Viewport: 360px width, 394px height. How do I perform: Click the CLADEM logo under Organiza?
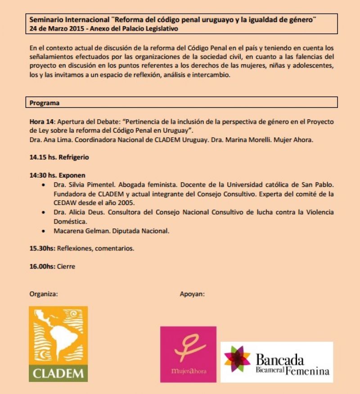click(58, 344)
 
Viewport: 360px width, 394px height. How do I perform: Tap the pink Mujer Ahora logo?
click(188, 354)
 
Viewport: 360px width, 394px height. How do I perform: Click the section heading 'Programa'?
click(45, 103)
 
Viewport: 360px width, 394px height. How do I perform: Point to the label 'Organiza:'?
click(44, 294)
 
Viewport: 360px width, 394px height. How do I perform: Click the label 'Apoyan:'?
click(192, 294)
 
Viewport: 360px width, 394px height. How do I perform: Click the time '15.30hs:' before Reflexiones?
click(42, 248)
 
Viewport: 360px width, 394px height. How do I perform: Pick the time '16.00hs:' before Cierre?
click(42, 266)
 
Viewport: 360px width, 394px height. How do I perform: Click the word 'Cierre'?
click(66, 266)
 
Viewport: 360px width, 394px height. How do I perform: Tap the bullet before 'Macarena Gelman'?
click(43, 231)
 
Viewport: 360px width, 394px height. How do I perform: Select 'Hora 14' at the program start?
click(41, 121)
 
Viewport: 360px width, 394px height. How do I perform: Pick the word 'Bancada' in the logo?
click(280, 360)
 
